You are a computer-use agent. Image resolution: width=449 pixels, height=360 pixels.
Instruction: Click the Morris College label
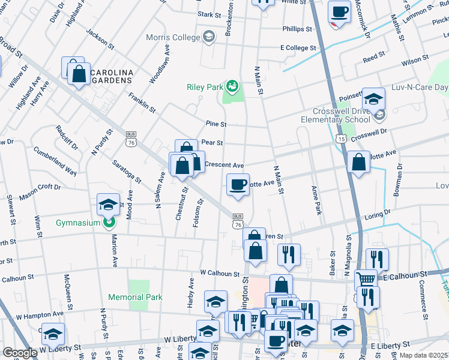[175, 37]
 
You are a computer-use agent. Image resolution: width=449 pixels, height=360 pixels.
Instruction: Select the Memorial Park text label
[135, 297]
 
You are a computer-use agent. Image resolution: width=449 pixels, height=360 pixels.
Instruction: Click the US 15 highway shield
[341, 139]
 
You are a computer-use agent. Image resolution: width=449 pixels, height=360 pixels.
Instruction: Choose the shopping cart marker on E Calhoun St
[366, 279]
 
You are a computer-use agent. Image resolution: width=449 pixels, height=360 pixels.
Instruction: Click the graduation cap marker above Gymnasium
[108, 205]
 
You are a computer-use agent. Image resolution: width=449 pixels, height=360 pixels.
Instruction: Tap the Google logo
[20, 352]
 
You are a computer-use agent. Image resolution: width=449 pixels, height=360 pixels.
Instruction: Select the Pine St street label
[215, 124]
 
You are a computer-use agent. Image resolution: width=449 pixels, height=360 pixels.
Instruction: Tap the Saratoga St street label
[127, 172]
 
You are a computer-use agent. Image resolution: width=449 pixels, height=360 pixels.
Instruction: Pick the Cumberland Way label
[55, 160]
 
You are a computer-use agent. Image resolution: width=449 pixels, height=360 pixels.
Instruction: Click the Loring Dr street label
[377, 213]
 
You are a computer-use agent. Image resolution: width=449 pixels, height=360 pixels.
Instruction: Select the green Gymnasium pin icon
[108, 224]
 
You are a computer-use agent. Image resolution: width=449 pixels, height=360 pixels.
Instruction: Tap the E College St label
[298, 47]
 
